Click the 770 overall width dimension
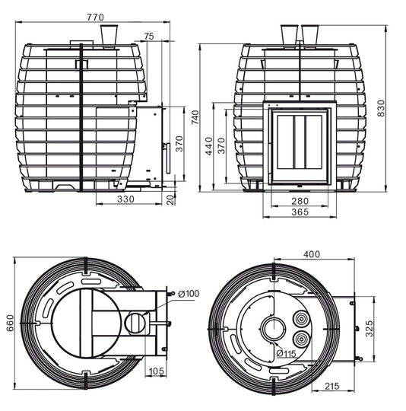(x=96, y=18)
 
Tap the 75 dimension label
(x=149, y=37)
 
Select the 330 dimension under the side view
(x=125, y=199)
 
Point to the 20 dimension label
(x=170, y=199)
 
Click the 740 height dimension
(x=195, y=117)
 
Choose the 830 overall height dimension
(x=381, y=108)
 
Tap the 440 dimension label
(x=209, y=146)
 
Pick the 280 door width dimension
(x=300, y=201)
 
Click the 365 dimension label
(x=300, y=212)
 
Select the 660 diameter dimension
(x=10, y=323)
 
